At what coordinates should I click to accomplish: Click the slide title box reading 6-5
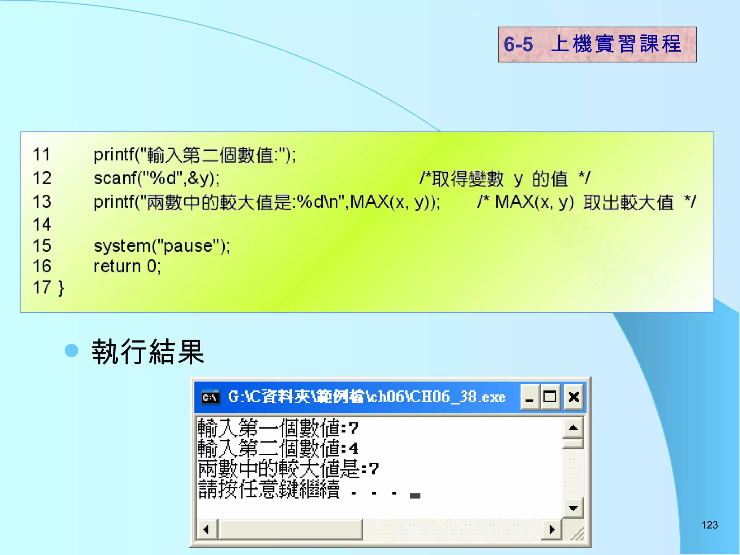pos(597,44)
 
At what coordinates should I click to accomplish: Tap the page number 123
pos(709,525)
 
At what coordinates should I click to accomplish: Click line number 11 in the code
pos(42,155)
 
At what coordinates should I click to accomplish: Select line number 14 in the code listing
pos(42,224)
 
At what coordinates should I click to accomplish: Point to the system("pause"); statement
pos(162,246)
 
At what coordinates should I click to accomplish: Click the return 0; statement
pos(127,267)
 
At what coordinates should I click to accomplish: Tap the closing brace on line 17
pos(61,288)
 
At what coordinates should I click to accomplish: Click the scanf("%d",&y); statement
pos(156,178)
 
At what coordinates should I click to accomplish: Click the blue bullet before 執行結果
pos(72,350)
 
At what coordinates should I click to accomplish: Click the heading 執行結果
pos(148,352)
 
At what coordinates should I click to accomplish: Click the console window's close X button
pos(573,397)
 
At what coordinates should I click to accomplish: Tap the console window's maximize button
pos(550,397)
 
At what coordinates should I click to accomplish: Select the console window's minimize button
pos(530,397)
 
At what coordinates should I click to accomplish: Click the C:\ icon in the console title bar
pos(210,397)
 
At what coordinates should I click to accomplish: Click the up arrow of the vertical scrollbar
pos(573,428)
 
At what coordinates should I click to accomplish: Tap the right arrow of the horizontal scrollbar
pos(551,530)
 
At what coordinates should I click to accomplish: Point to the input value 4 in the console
pos(353,449)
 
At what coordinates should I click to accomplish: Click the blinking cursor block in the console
pos(415,496)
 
